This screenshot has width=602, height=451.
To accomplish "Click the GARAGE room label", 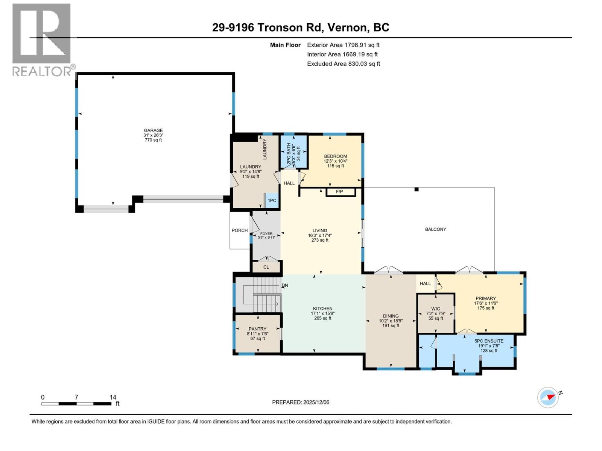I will (x=153, y=130).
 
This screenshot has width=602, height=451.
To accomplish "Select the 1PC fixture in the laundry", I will (x=272, y=201).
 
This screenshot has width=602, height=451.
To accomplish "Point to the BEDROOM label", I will (x=335, y=156).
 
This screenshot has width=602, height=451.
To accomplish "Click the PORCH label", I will (x=240, y=230).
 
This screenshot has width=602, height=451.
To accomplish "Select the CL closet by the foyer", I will (x=266, y=267).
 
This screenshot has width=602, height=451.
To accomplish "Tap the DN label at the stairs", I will (x=285, y=286).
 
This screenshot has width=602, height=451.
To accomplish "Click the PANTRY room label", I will (x=257, y=329).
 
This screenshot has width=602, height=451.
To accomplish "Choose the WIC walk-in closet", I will (x=435, y=313).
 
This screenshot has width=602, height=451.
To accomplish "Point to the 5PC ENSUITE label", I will (x=489, y=341).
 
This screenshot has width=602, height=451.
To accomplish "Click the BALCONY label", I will (x=435, y=229).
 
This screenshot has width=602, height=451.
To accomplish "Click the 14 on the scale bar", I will (x=113, y=397).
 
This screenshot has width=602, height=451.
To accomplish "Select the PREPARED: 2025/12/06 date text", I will (x=301, y=402).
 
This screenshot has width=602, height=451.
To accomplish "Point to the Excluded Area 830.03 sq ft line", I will (x=343, y=64).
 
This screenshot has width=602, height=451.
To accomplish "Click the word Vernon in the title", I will (x=347, y=27).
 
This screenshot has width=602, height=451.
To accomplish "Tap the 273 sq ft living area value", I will (x=320, y=240).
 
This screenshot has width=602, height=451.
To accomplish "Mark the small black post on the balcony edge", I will (x=417, y=189).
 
